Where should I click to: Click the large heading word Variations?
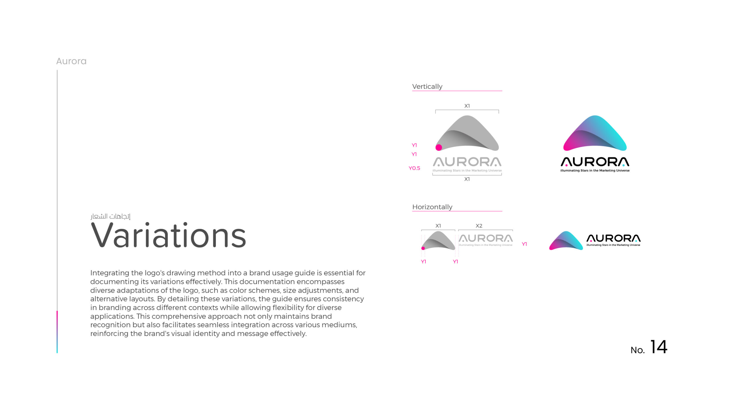[x=168, y=235]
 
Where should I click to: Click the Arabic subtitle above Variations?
[x=110, y=216]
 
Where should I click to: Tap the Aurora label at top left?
[x=71, y=61]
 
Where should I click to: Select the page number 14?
[x=658, y=347]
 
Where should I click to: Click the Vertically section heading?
[x=427, y=87]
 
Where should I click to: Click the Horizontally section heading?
[x=432, y=207]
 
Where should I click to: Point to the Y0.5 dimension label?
[x=414, y=168]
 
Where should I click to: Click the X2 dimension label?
[x=479, y=226]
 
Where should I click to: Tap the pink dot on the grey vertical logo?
[x=439, y=147]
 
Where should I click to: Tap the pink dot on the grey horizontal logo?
[x=423, y=248]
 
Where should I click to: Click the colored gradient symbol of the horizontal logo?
[x=566, y=241]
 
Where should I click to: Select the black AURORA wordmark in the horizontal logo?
[x=613, y=238]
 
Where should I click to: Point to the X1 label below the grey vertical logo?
[x=467, y=179]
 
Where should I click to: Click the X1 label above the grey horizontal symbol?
[x=438, y=226]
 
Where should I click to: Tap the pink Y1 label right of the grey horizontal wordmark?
[x=524, y=244]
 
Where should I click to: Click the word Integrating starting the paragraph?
[x=110, y=273]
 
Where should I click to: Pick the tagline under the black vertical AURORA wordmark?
[x=595, y=171]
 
